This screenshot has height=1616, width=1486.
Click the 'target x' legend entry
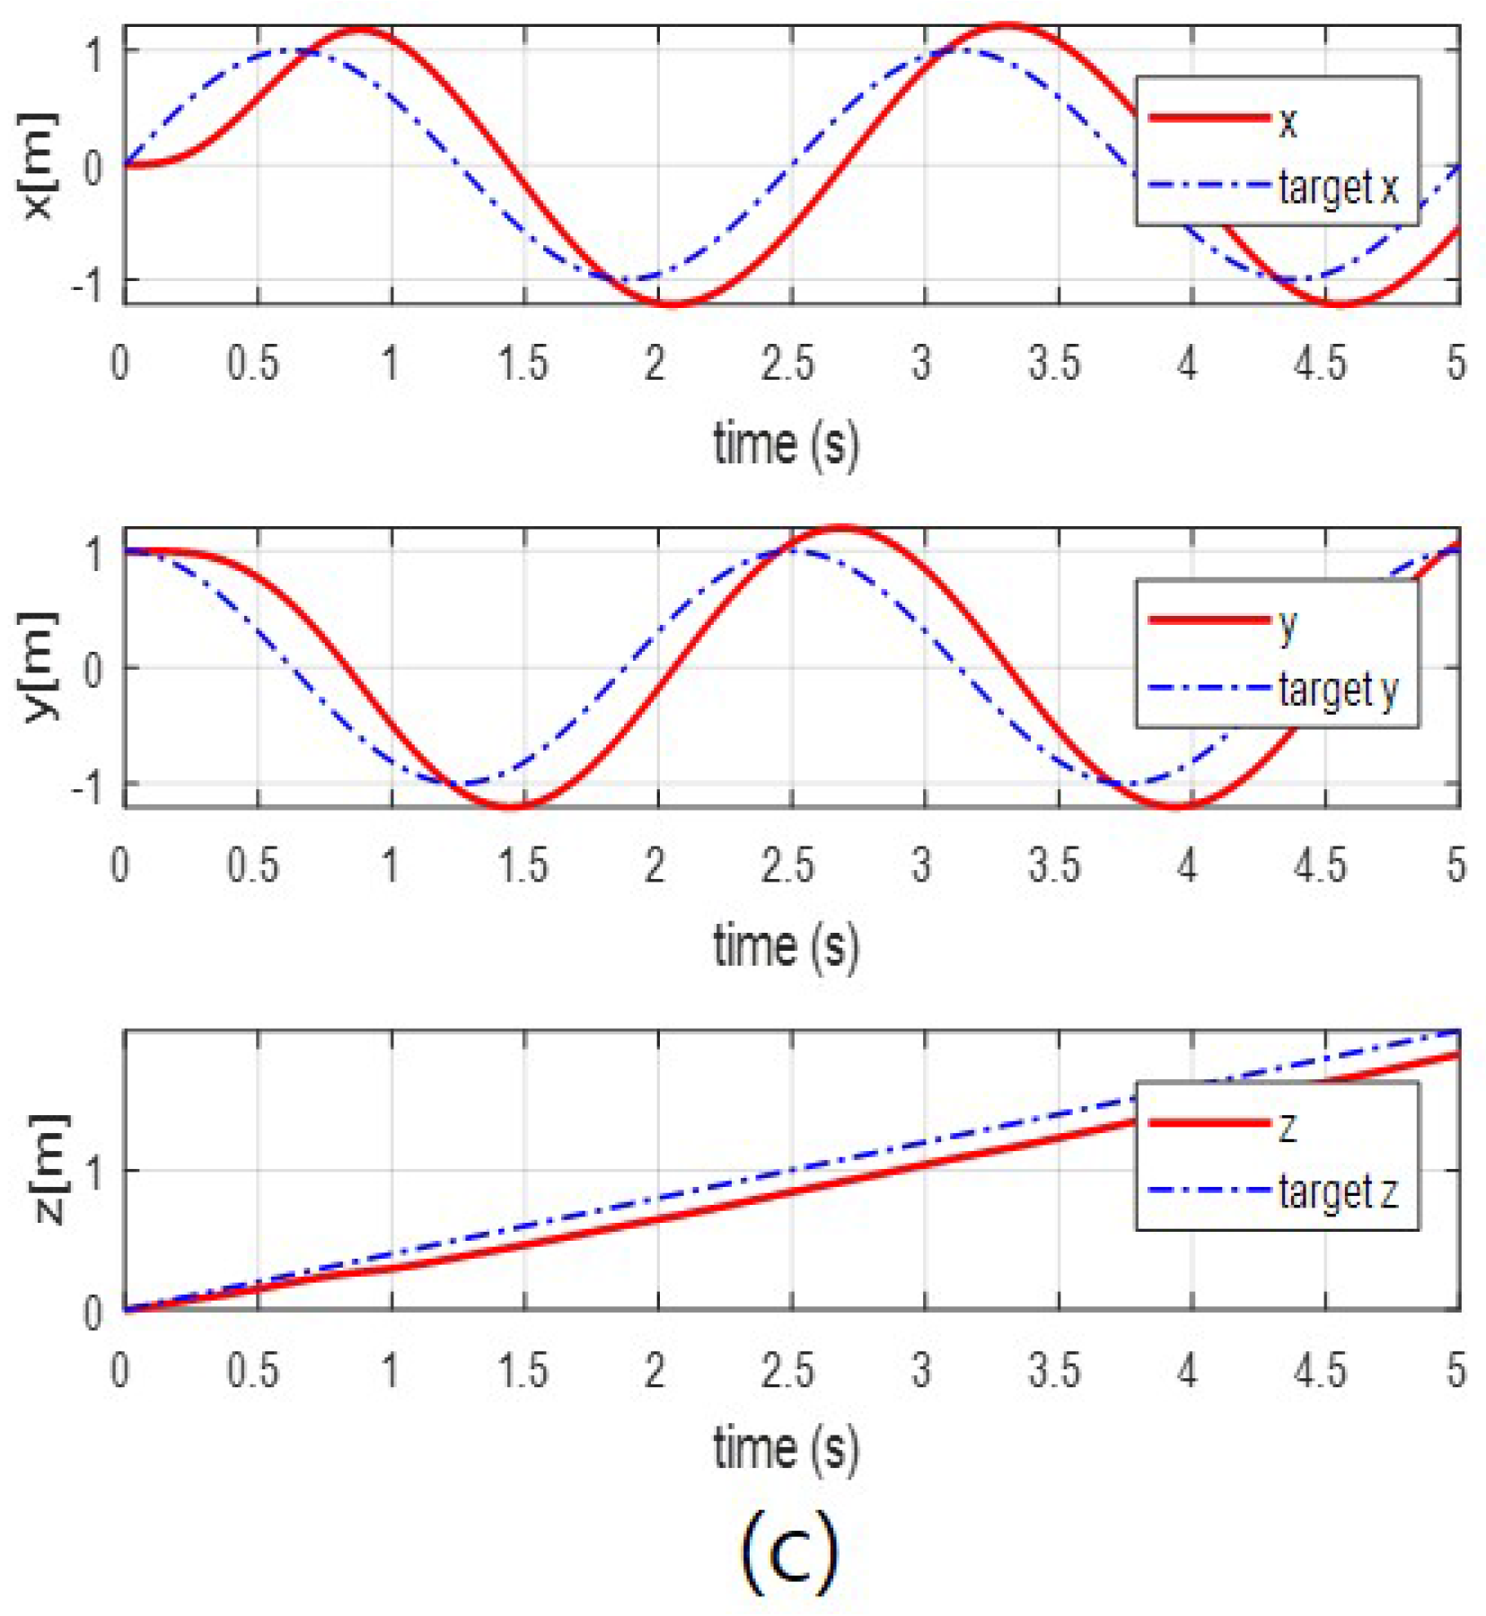[1338, 188]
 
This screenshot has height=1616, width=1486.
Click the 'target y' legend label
[1338, 689]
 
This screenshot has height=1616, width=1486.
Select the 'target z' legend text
[1338, 1192]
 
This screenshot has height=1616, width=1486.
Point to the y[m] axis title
[39, 666]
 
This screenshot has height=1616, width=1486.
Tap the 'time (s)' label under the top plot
[786, 444]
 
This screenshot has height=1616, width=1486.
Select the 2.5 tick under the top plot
[787, 364]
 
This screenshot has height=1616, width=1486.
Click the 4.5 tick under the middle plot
[1320, 865]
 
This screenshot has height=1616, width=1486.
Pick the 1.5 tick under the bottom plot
[522, 1370]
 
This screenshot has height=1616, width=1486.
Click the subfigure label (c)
[789, 1550]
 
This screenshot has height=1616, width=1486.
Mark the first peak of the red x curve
[361, 31]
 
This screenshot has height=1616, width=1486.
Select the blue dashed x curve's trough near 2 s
[633, 279]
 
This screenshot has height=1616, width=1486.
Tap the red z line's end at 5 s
[1456, 1055]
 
